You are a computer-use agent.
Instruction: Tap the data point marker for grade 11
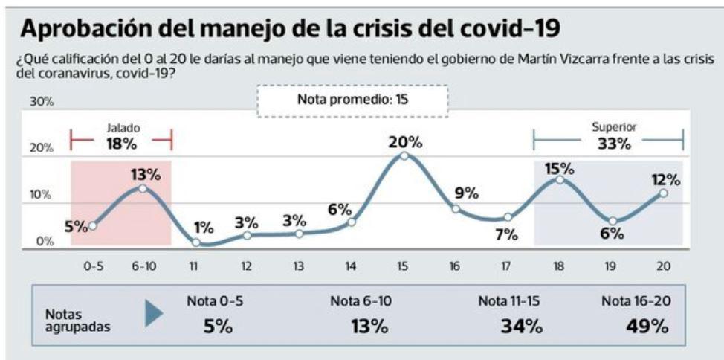(x=195, y=242)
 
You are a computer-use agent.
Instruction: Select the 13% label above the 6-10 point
(x=146, y=175)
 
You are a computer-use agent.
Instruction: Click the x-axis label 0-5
(x=93, y=266)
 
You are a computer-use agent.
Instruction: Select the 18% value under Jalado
(x=121, y=144)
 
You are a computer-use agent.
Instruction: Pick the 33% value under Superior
(x=614, y=144)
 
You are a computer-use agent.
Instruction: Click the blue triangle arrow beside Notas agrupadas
(x=153, y=315)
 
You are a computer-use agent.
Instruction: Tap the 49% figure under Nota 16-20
(x=646, y=326)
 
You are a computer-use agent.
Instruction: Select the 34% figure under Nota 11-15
(x=520, y=326)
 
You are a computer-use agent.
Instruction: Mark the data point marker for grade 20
(x=663, y=193)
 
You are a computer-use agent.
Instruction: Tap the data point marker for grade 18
(x=560, y=179)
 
